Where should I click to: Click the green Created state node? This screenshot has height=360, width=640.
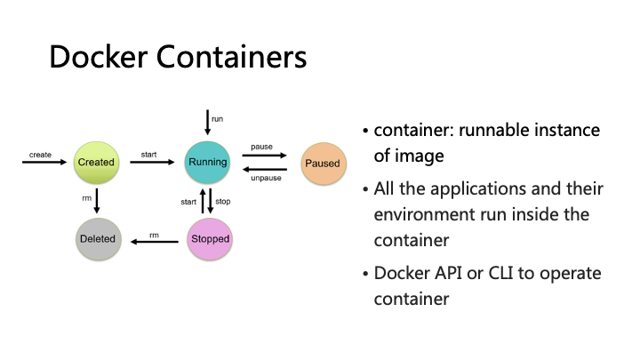click(96, 162)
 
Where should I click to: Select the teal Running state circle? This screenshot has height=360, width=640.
click(207, 162)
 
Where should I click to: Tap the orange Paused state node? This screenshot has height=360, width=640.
click(322, 164)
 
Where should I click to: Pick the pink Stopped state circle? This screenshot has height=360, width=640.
click(210, 238)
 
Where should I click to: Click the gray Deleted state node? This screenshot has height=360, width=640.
click(96, 238)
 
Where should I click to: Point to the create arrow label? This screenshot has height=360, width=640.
click(40, 154)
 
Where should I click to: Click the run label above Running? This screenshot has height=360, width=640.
click(217, 118)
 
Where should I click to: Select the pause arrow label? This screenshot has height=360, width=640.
click(261, 146)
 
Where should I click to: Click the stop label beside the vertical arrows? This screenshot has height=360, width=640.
click(223, 202)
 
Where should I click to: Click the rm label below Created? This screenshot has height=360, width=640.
click(86, 198)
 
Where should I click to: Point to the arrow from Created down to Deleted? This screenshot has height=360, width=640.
click(97, 200)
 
